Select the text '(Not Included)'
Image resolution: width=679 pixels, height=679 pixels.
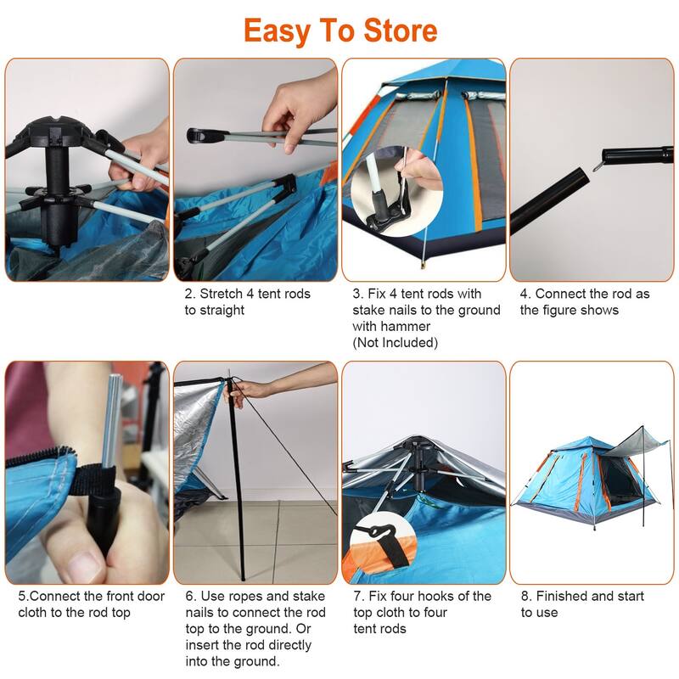point(395,342)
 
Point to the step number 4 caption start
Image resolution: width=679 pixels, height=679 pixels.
point(524,294)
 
